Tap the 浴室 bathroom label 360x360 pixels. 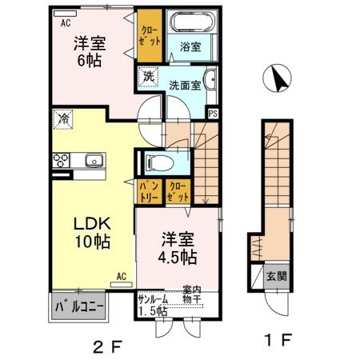[190, 48]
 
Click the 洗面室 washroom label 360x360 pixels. [183, 84]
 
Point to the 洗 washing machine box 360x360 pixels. [148, 77]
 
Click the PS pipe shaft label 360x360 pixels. [213, 113]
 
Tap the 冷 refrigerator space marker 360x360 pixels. [63, 118]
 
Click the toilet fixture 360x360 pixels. [157, 162]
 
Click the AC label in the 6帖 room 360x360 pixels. [65, 23]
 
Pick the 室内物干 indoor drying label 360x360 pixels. [192, 294]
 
